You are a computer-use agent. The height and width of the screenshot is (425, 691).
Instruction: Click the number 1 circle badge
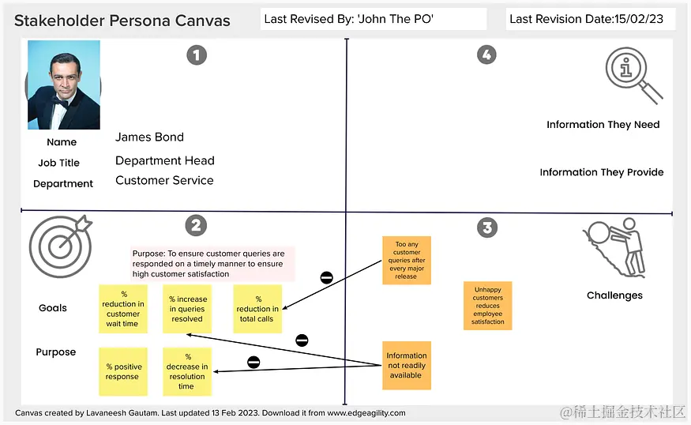coord(196,55)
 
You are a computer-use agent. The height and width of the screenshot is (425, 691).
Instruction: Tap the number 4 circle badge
coord(486,55)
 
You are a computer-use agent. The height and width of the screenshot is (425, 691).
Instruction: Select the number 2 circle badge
coord(196,226)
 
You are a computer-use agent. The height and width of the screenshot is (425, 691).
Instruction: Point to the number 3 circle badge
coord(487,228)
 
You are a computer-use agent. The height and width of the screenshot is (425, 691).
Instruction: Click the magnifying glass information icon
coord(633,74)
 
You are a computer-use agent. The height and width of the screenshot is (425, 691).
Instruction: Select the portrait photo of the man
coord(64,85)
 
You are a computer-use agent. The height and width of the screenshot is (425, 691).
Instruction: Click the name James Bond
coord(149,137)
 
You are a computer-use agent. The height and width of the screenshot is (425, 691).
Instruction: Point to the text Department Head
coord(165,160)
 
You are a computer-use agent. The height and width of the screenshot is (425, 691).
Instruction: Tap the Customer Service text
coord(164,180)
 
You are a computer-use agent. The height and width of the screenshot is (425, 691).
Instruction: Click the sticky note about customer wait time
coord(123,309)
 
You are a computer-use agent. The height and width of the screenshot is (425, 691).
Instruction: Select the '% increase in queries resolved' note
coord(187,309)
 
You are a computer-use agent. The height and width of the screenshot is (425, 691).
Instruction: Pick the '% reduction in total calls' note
coord(257,309)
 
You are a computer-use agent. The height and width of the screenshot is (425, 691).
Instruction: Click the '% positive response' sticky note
coord(122,371)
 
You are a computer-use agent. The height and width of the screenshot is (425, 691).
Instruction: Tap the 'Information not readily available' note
coord(407,366)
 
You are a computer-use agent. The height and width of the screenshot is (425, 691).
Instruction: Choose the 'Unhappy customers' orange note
coord(488,306)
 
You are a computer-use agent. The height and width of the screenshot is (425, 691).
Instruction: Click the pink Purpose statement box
coord(212,264)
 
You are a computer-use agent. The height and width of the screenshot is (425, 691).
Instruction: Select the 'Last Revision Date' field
coord(586,19)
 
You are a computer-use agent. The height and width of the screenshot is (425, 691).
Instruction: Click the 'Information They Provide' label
coord(602,172)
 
